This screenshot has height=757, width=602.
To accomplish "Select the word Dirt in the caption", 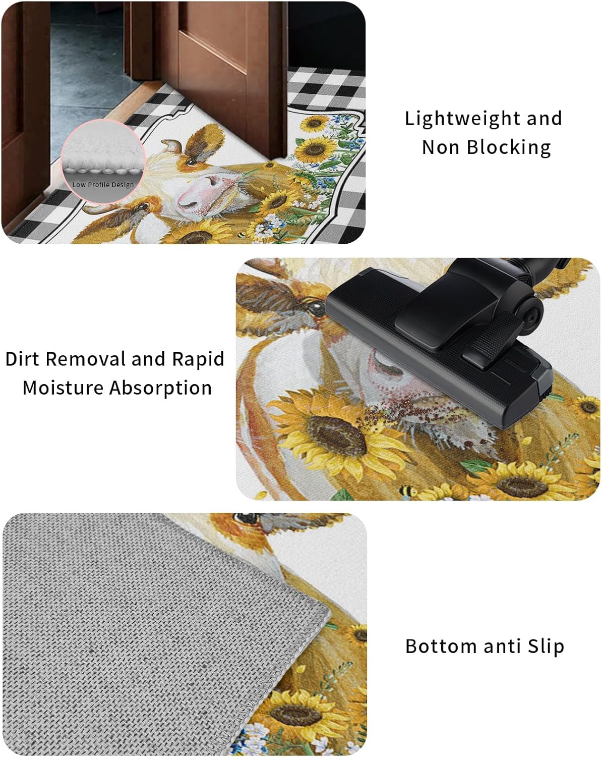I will click(23, 359).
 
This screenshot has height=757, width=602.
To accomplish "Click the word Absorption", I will click(160, 389).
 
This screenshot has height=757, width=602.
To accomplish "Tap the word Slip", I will click(546, 646).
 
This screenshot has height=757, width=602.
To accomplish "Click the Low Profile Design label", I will click(103, 185).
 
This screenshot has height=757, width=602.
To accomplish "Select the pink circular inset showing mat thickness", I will click(103, 156).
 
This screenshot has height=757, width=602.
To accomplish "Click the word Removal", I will click(86, 359).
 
